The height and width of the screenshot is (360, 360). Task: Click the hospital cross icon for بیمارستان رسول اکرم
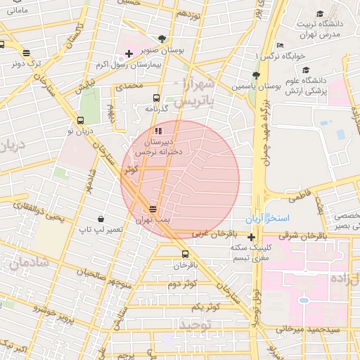click(x=129, y=53)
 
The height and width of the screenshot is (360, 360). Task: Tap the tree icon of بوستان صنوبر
click(x=162, y=39)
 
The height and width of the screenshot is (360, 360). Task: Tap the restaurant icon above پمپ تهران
click(x=153, y=209)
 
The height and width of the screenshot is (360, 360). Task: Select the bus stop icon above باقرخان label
click(x=185, y=254)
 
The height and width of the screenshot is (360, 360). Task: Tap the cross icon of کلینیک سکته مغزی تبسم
click(x=251, y=237)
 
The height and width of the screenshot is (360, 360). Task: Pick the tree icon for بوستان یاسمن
click(x=256, y=75)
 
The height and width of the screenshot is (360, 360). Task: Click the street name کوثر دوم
click(x=182, y=284)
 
